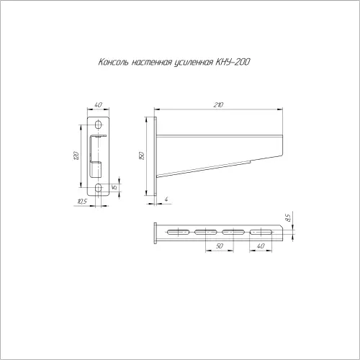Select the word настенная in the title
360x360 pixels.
pos(152,63)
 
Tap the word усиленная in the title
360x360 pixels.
pos(193,63)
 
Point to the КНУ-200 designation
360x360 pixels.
pos(233,62)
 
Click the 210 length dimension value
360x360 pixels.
pos(218,104)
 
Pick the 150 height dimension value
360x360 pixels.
pos(142,156)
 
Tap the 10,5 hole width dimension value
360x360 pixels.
pos(82,202)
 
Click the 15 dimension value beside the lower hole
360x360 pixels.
pos(114,186)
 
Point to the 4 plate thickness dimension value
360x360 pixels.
pos(166,199)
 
